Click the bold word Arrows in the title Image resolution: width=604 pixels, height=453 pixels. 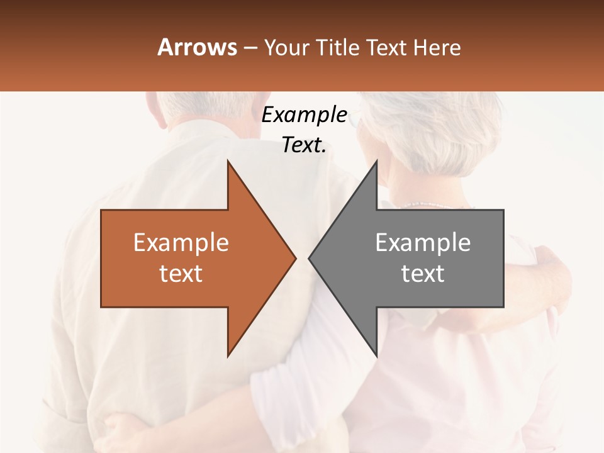196,47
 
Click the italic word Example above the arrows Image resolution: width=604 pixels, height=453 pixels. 304,115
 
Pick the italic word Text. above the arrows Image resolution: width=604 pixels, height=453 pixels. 304,145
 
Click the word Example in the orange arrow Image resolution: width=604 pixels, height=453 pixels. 181,243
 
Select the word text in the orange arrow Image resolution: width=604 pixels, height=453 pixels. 181,274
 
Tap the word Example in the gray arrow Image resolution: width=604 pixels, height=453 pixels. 423,243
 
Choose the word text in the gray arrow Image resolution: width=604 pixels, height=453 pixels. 423,274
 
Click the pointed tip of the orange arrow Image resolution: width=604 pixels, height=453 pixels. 294,257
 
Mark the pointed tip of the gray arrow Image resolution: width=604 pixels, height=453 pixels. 310,257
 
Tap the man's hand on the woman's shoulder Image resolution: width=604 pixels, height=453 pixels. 551,264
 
